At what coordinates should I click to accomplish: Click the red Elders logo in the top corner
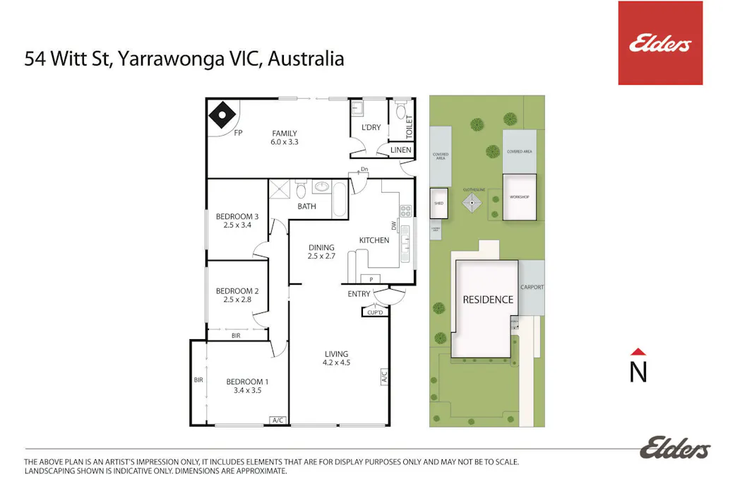pyautogui.click(x=659, y=43)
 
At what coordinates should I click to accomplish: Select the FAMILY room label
pyautogui.click(x=285, y=133)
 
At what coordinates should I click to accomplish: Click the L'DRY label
pyautogui.click(x=371, y=127)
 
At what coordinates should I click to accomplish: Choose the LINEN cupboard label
pyautogui.click(x=400, y=150)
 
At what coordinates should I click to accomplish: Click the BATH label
pyautogui.click(x=306, y=206)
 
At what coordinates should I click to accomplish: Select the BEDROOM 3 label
pyautogui.click(x=237, y=216)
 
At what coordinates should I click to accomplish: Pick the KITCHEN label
pyautogui.click(x=374, y=240)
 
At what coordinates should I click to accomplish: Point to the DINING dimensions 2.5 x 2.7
pyautogui.click(x=321, y=257)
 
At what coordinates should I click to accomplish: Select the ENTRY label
pyautogui.click(x=359, y=294)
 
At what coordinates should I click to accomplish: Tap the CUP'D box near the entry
pyautogui.click(x=374, y=312)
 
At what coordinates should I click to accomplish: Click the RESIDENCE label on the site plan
pyautogui.click(x=487, y=300)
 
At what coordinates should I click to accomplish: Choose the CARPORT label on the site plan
pyautogui.click(x=531, y=287)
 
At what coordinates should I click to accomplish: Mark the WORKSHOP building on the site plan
pyautogui.click(x=519, y=196)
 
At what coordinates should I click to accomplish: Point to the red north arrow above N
pyautogui.click(x=638, y=351)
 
